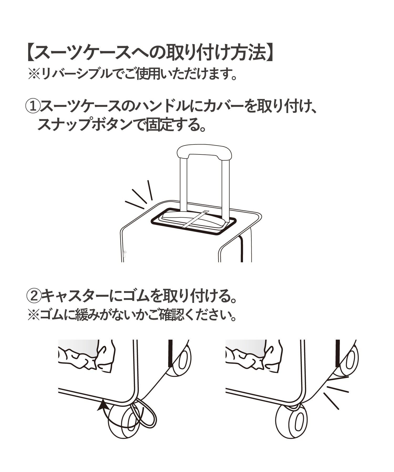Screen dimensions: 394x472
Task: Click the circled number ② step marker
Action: pyautogui.click(x=34, y=296)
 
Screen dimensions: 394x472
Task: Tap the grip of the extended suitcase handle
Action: pyautogui.click(x=205, y=152)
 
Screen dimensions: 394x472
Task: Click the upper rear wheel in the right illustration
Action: pyautogui.click(x=350, y=358)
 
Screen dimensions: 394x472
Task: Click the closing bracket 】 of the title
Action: pyautogui.click(x=270, y=53)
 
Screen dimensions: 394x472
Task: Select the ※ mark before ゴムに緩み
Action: pyautogui.click(x=33, y=315)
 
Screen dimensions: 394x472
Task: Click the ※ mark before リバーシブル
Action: pyautogui.click(x=34, y=74)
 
